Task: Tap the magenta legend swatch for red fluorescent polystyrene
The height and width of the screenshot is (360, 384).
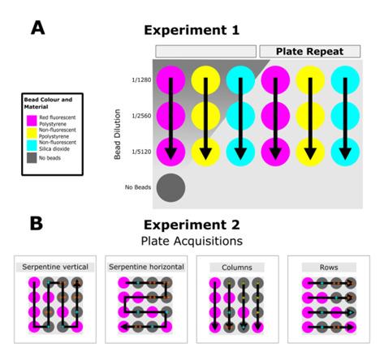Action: pos(31,119)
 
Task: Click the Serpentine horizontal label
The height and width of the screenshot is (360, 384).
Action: pos(145,267)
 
